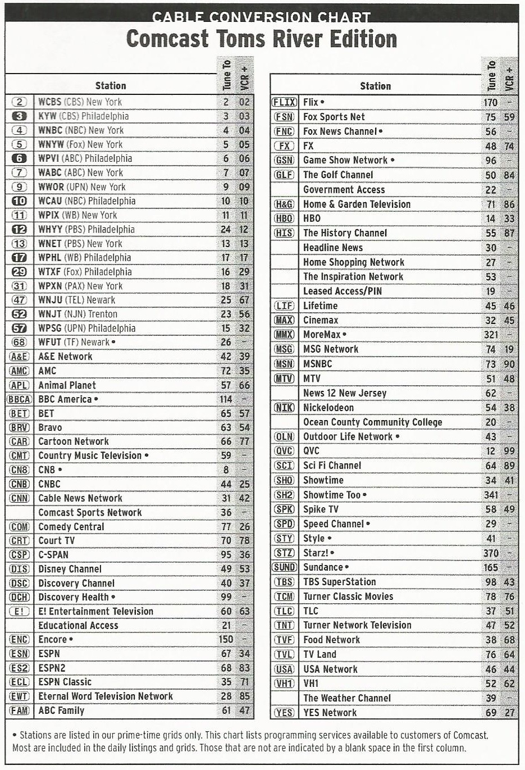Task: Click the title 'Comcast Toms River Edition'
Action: (x=262, y=39)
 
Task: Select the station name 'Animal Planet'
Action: (x=67, y=385)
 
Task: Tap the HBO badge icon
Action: (x=284, y=218)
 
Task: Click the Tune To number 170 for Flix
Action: (x=490, y=102)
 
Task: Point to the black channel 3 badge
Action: (x=19, y=116)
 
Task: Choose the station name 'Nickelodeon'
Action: (x=328, y=408)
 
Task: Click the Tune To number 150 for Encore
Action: (x=226, y=640)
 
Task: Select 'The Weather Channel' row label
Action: (x=347, y=698)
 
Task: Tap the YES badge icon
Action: (x=284, y=713)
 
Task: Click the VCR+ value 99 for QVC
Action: (x=509, y=451)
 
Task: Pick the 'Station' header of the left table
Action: (x=111, y=86)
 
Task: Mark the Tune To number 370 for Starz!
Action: (x=490, y=553)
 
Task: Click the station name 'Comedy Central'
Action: (x=71, y=527)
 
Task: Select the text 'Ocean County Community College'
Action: (x=373, y=422)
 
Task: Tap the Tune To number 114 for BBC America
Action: (x=226, y=399)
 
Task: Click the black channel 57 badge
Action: (x=19, y=329)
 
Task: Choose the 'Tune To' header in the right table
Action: (x=492, y=75)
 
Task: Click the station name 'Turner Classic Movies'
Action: (x=348, y=596)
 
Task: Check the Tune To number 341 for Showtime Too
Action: (x=490, y=495)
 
